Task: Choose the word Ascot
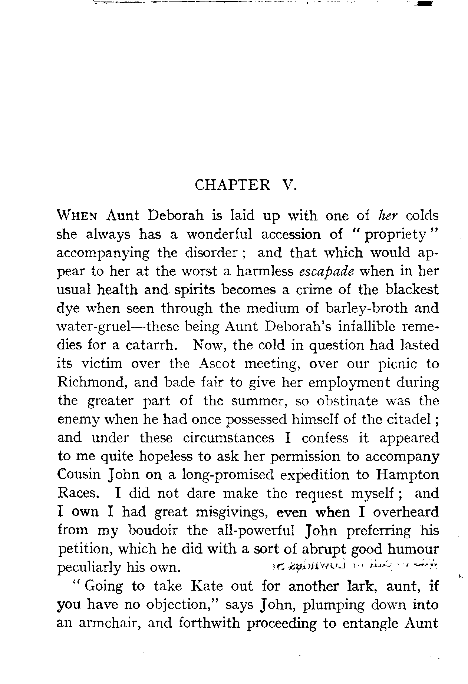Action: pyautogui.click(x=217, y=364)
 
